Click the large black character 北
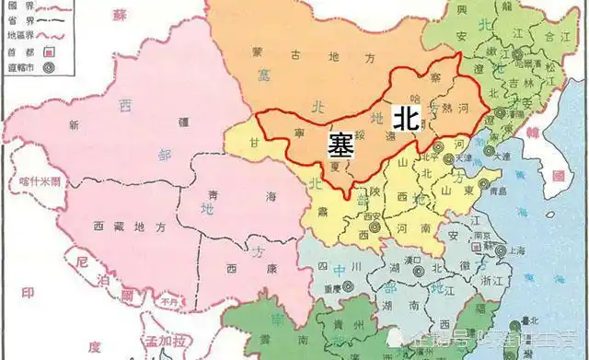pos(406,117)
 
